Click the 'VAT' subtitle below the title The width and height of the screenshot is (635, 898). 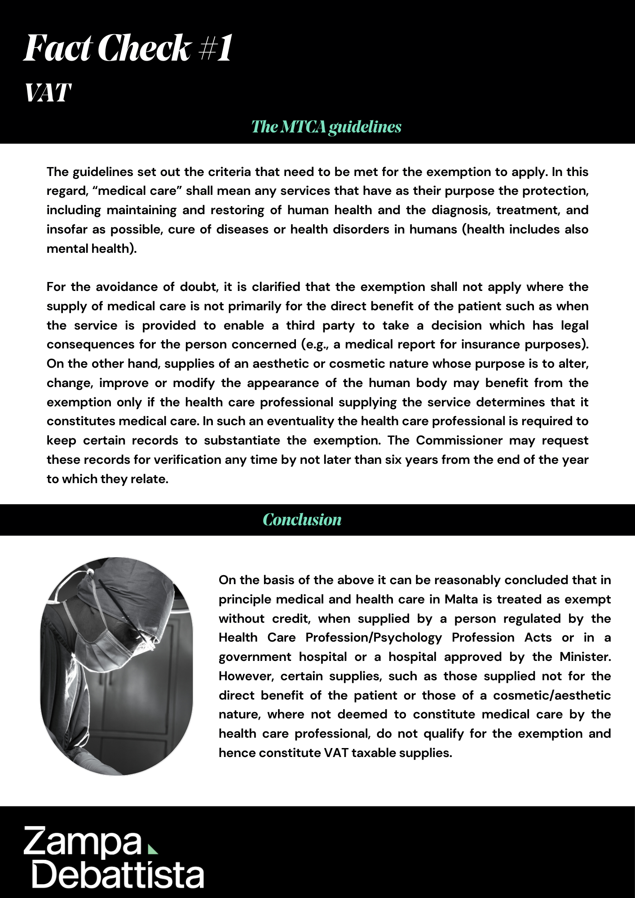48,93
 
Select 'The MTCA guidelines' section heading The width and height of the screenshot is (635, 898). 326,127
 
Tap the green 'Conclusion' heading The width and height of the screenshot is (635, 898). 302,519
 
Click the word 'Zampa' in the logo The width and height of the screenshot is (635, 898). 83,841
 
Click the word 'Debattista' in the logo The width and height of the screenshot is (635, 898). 118,874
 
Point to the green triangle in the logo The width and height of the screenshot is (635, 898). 153,849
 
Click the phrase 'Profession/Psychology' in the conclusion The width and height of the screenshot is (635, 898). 374,638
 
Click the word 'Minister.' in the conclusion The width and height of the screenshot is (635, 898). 585,657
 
